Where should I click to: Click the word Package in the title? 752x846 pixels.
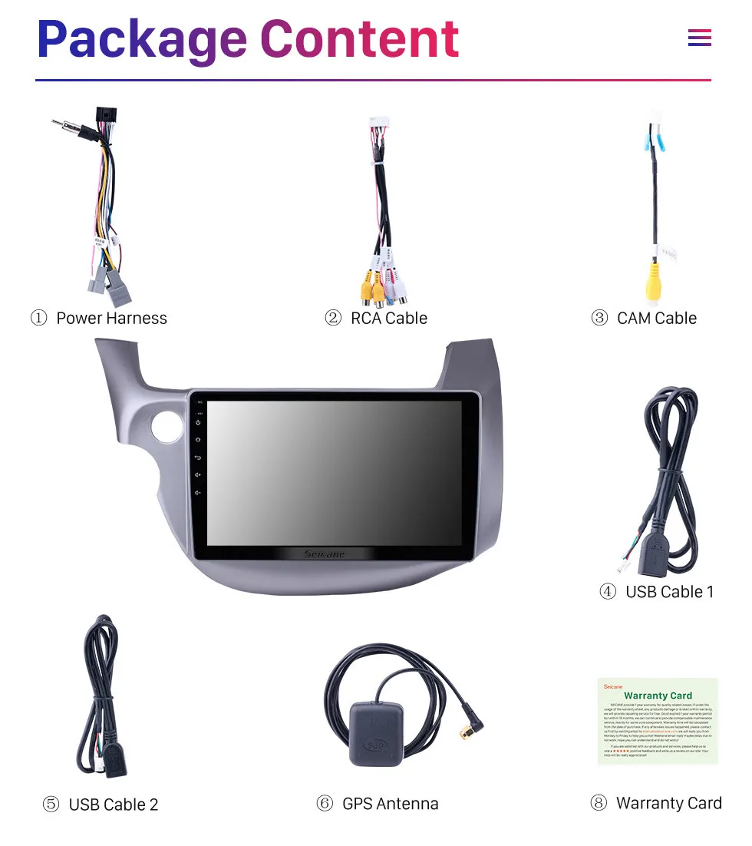click(x=142, y=40)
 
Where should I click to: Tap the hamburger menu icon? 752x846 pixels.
click(x=699, y=38)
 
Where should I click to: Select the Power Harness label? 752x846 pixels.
click(x=111, y=319)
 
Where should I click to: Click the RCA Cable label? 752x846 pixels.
click(x=389, y=319)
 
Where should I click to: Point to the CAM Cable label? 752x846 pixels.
click(x=657, y=319)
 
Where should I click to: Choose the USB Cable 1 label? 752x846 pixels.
click(x=669, y=592)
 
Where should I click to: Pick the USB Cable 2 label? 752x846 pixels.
click(x=114, y=805)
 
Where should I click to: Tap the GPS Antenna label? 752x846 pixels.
click(x=391, y=804)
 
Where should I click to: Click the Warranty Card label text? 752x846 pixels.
click(x=668, y=803)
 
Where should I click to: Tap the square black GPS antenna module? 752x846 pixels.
click(x=378, y=733)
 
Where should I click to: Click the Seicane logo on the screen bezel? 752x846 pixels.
click(x=325, y=554)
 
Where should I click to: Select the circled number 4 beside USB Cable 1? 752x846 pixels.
click(x=608, y=592)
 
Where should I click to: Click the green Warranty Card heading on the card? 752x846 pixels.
click(x=658, y=696)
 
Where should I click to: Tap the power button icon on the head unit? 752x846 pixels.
click(x=198, y=422)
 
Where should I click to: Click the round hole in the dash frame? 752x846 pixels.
click(x=167, y=428)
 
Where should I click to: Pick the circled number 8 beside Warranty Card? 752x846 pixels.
click(x=599, y=803)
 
